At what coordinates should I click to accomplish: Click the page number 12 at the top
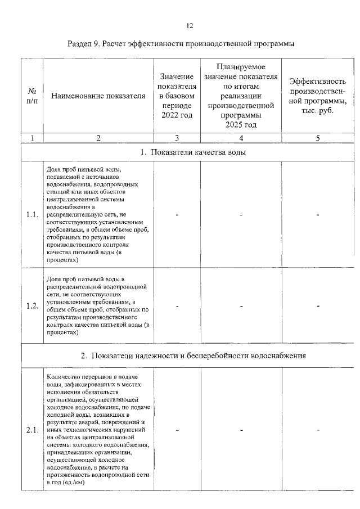pos(190,25)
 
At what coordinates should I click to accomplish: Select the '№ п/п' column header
pos(31,96)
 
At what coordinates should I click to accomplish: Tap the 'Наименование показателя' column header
pos(98,96)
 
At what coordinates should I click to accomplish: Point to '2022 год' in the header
pos(177,116)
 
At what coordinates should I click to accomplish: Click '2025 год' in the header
pos(241,125)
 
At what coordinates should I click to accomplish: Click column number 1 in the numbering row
pos(31,138)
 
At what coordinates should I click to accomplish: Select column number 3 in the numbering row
pos(177,138)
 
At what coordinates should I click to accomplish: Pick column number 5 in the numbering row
pos(318,138)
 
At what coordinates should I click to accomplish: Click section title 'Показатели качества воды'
pos(193,152)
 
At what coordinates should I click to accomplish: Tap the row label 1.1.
pos(31,214)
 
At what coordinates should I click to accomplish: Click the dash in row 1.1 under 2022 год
pos(177,214)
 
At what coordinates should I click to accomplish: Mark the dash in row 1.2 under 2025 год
pos(241,306)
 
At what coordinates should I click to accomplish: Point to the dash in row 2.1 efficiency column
pos(318,430)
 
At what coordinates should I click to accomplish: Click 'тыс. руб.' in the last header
pos(318,111)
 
